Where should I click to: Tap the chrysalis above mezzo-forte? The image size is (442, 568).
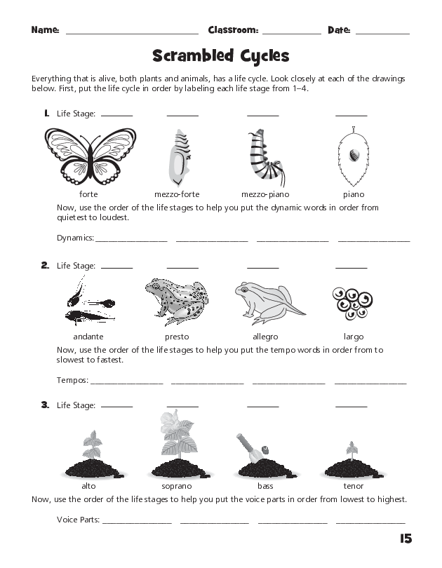[180, 156]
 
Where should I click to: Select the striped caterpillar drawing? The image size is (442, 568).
[262, 156]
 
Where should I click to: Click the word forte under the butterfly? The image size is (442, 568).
[89, 194]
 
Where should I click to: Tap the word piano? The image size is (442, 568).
[354, 194]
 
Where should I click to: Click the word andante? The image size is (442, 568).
[88, 337]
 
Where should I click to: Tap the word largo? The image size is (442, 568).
[354, 337]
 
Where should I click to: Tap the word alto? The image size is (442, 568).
[88, 485]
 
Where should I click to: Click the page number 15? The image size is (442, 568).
[405, 539]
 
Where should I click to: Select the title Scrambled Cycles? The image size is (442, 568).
[220, 55]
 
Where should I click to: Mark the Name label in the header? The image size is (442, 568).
[45, 30]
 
